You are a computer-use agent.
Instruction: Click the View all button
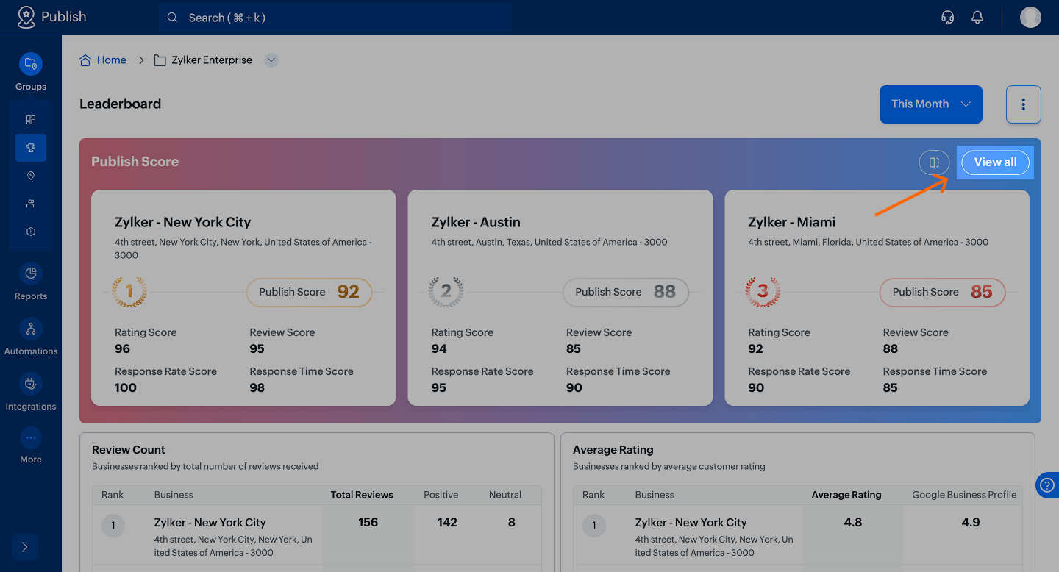click(995, 162)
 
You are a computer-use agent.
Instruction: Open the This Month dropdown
click(930, 104)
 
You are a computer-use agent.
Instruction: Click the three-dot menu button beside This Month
click(1023, 104)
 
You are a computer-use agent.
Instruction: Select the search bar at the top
click(335, 18)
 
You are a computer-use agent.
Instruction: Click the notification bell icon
click(977, 18)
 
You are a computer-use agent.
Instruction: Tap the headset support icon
click(948, 18)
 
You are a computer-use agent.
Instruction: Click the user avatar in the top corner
click(1030, 18)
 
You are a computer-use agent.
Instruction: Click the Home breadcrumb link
click(111, 60)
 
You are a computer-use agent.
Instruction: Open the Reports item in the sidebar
click(31, 282)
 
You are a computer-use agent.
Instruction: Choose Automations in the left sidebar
click(31, 337)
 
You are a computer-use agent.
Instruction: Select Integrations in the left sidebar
click(31, 393)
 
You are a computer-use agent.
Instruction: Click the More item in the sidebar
click(31, 446)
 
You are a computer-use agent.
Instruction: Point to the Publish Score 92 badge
click(309, 292)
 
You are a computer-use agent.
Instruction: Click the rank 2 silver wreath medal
click(446, 292)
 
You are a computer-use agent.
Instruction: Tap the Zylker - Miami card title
click(791, 222)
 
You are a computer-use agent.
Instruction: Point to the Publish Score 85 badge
click(942, 292)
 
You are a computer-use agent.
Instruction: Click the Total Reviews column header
click(362, 495)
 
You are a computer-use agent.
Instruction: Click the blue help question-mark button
click(1047, 485)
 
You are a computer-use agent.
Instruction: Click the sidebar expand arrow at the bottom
click(25, 547)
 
